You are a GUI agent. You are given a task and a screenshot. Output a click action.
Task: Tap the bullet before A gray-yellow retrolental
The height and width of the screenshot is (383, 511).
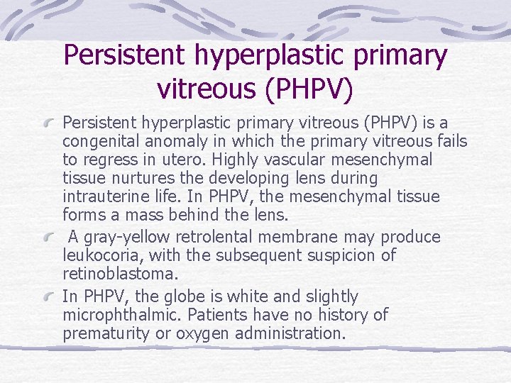click(x=49, y=238)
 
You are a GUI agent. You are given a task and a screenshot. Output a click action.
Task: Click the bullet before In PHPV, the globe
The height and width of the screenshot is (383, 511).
click(x=49, y=296)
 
